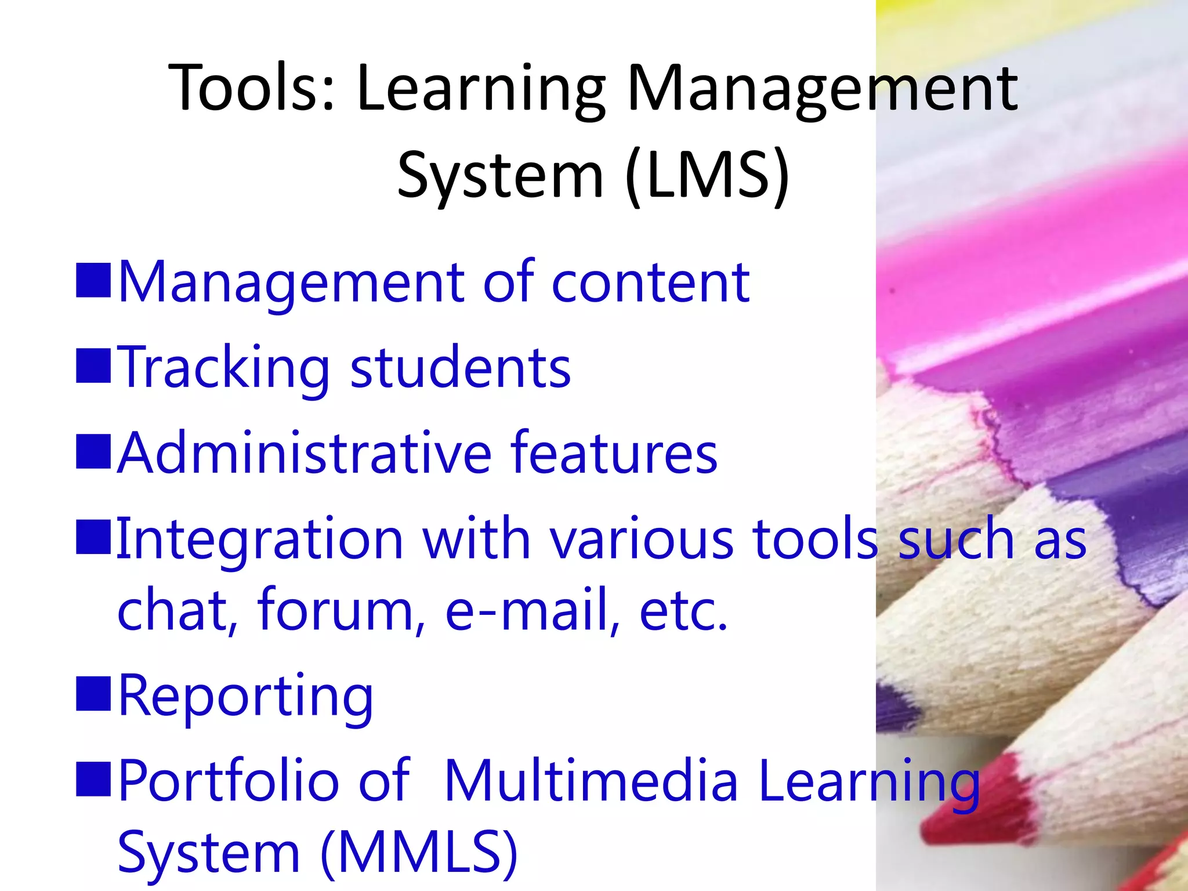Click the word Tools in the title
(244, 88)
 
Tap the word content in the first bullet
(650, 282)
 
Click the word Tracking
(223, 369)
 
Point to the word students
(461, 368)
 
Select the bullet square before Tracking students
(93, 366)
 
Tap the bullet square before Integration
(93, 537)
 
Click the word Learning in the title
(481, 88)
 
